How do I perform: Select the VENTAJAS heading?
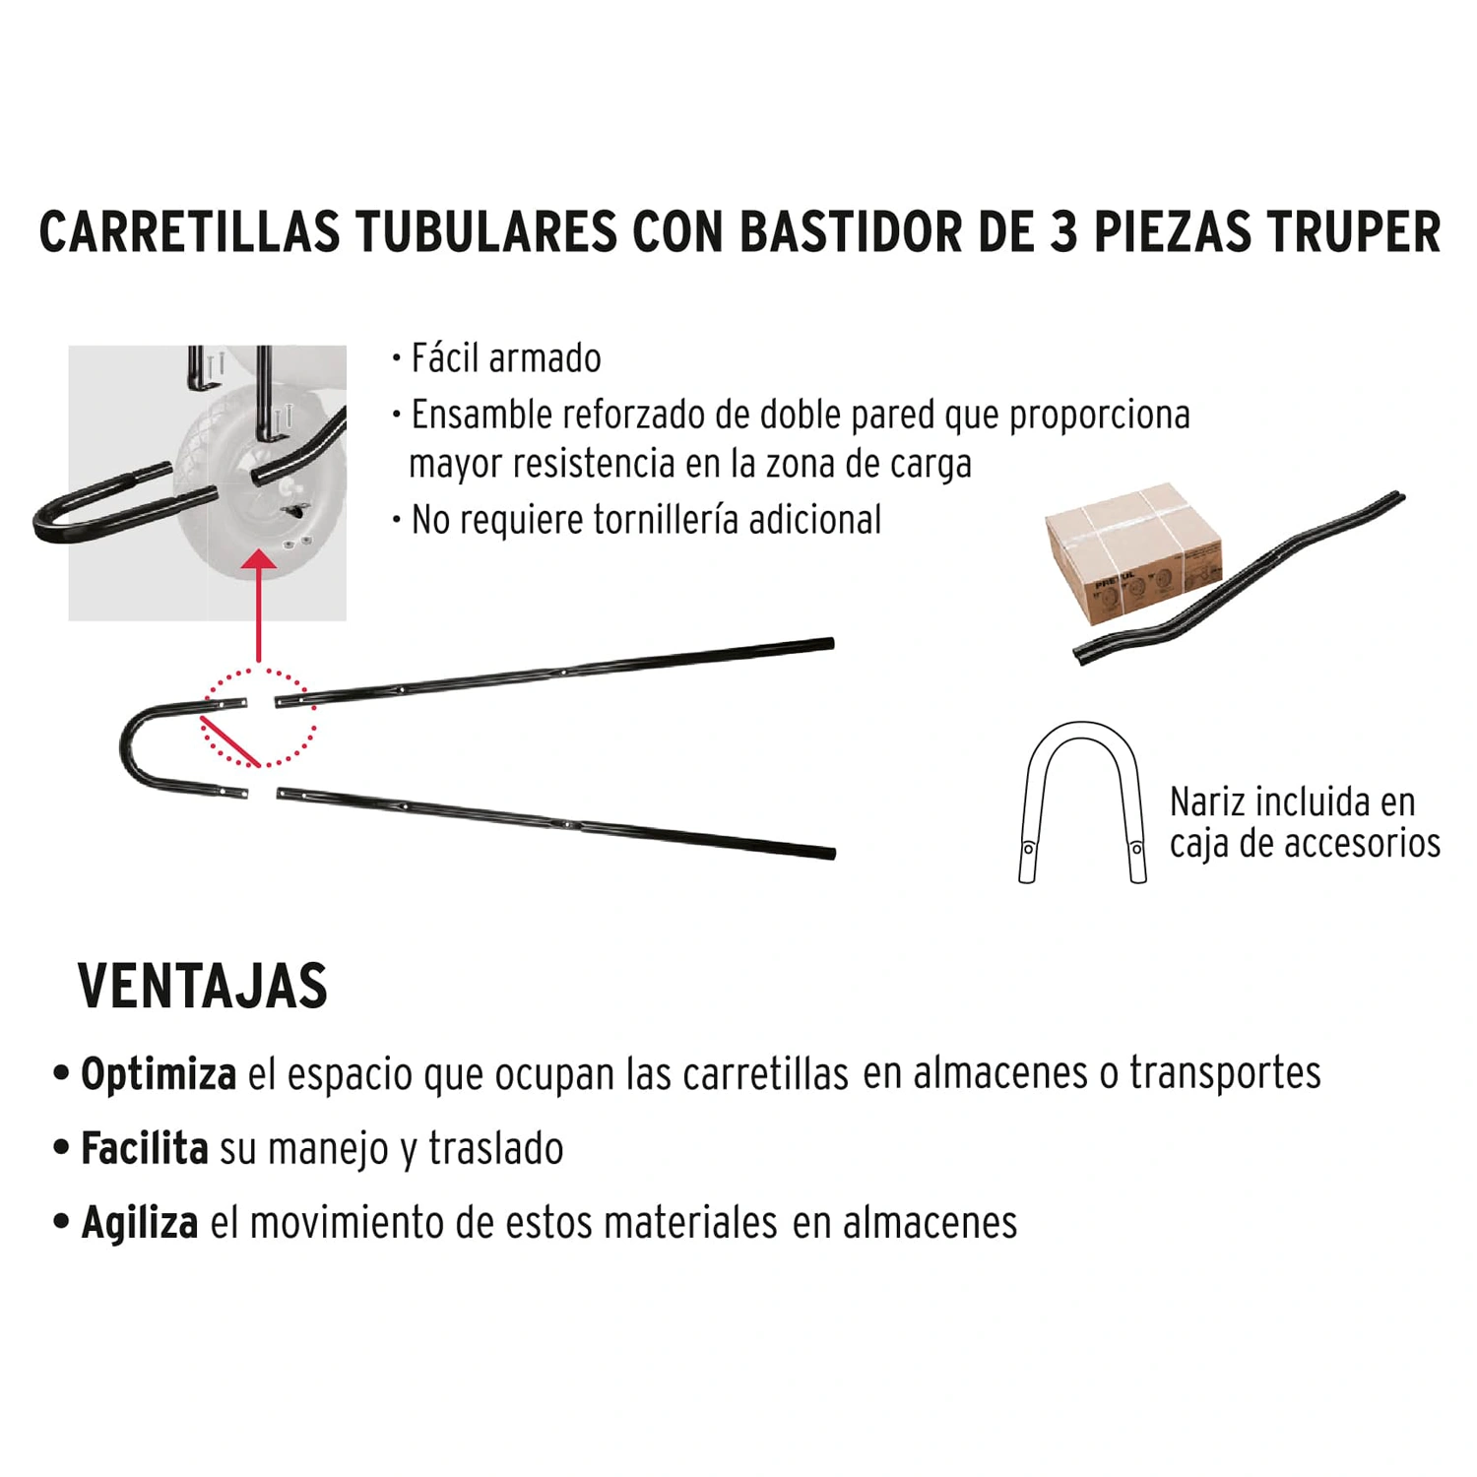203,986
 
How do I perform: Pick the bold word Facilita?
145,1148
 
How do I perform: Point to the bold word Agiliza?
140,1223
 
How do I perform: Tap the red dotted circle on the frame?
259,670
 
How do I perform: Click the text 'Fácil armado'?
506,358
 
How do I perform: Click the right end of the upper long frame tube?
830,644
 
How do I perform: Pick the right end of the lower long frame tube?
831,853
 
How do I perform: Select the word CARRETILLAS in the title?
189,232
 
